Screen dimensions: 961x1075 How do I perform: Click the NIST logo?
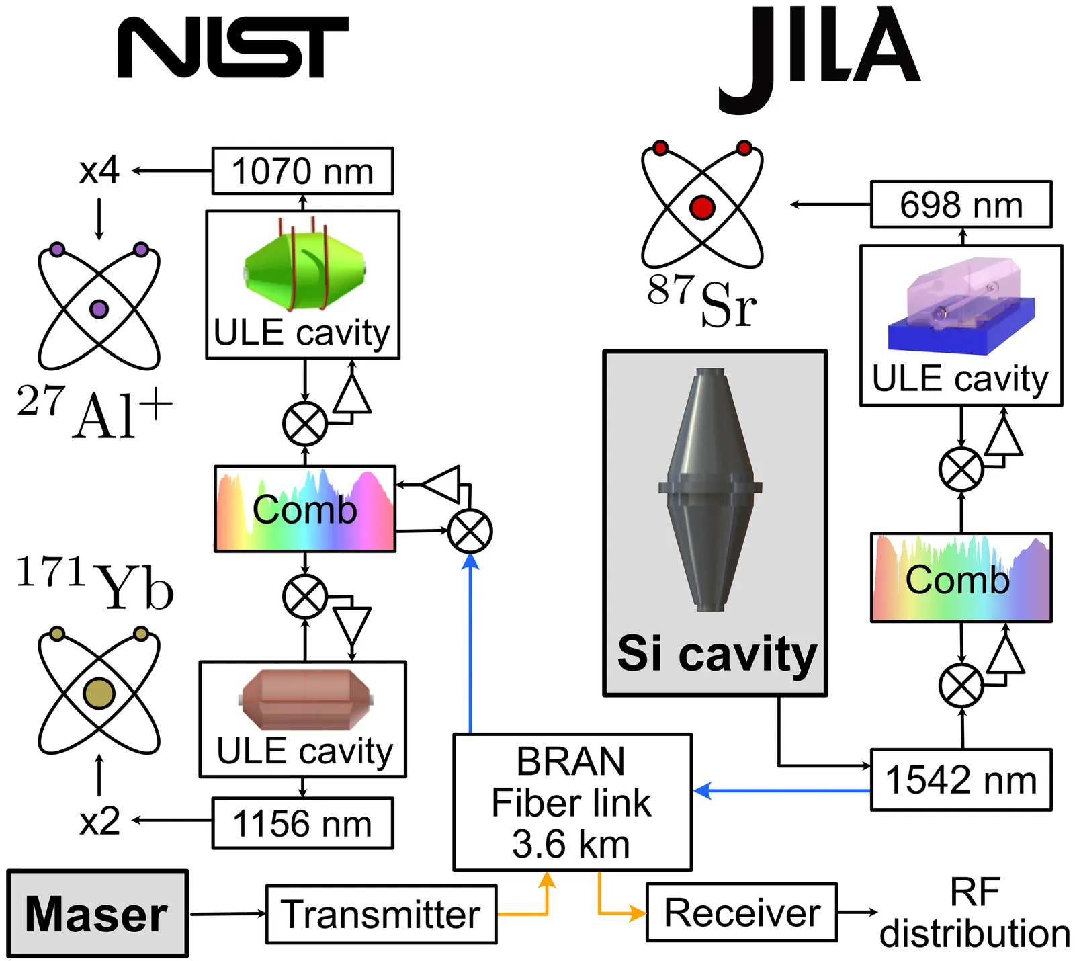pyautogui.click(x=232, y=47)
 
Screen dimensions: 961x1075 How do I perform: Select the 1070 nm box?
pyautogui.click(x=302, y=171)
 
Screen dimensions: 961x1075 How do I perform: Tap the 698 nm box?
pyautogui.click(x=961, y=204)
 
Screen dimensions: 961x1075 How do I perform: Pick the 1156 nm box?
pyautogui.click(x=302, y=823)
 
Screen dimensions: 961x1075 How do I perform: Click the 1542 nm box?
pyautogui.click(x=961, y=780)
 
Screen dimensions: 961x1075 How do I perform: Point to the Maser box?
pyautogui.click(x=97, y=914)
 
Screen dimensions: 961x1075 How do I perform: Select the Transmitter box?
pyautogui.click(x=381, y=914)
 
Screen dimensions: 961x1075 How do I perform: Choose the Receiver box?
pyautogui.click(x=742, y=913)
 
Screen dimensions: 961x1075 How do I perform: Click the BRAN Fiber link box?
pyautogui.click(x=572, y=802)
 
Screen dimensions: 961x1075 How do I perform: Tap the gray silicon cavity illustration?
pyautogui.click(x=710, y=489)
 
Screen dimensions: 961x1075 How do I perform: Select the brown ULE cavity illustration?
pyautogui.click(x=306, y=700)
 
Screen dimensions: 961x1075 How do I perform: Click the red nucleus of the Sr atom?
pyautogui.click(x=702, y=207)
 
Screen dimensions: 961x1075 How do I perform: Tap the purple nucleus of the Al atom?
pyautogui.click(x=99, y=309)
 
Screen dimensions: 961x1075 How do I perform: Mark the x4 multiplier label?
pyautogui.click(x=99, y=171)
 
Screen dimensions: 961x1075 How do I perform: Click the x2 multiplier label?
pyautogui.click(x=99, y=821)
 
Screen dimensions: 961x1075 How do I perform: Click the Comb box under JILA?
pyautogui.click(x=961, y=578)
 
